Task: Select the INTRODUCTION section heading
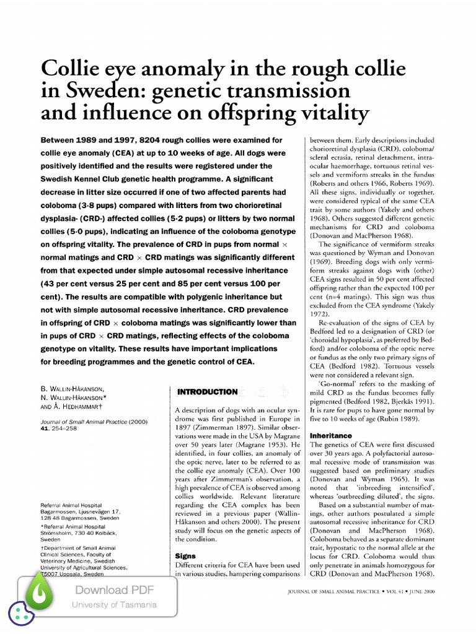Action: (x=207, y=392)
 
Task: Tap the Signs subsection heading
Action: (x=186, y=556)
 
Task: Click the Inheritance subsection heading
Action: (x=330, y=436)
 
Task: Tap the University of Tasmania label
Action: (x=114, y=605)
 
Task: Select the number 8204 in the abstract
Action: (x=150, y=140)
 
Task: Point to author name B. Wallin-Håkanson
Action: (x=72, y=389)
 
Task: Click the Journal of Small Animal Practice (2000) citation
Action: (x=94, y=420)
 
